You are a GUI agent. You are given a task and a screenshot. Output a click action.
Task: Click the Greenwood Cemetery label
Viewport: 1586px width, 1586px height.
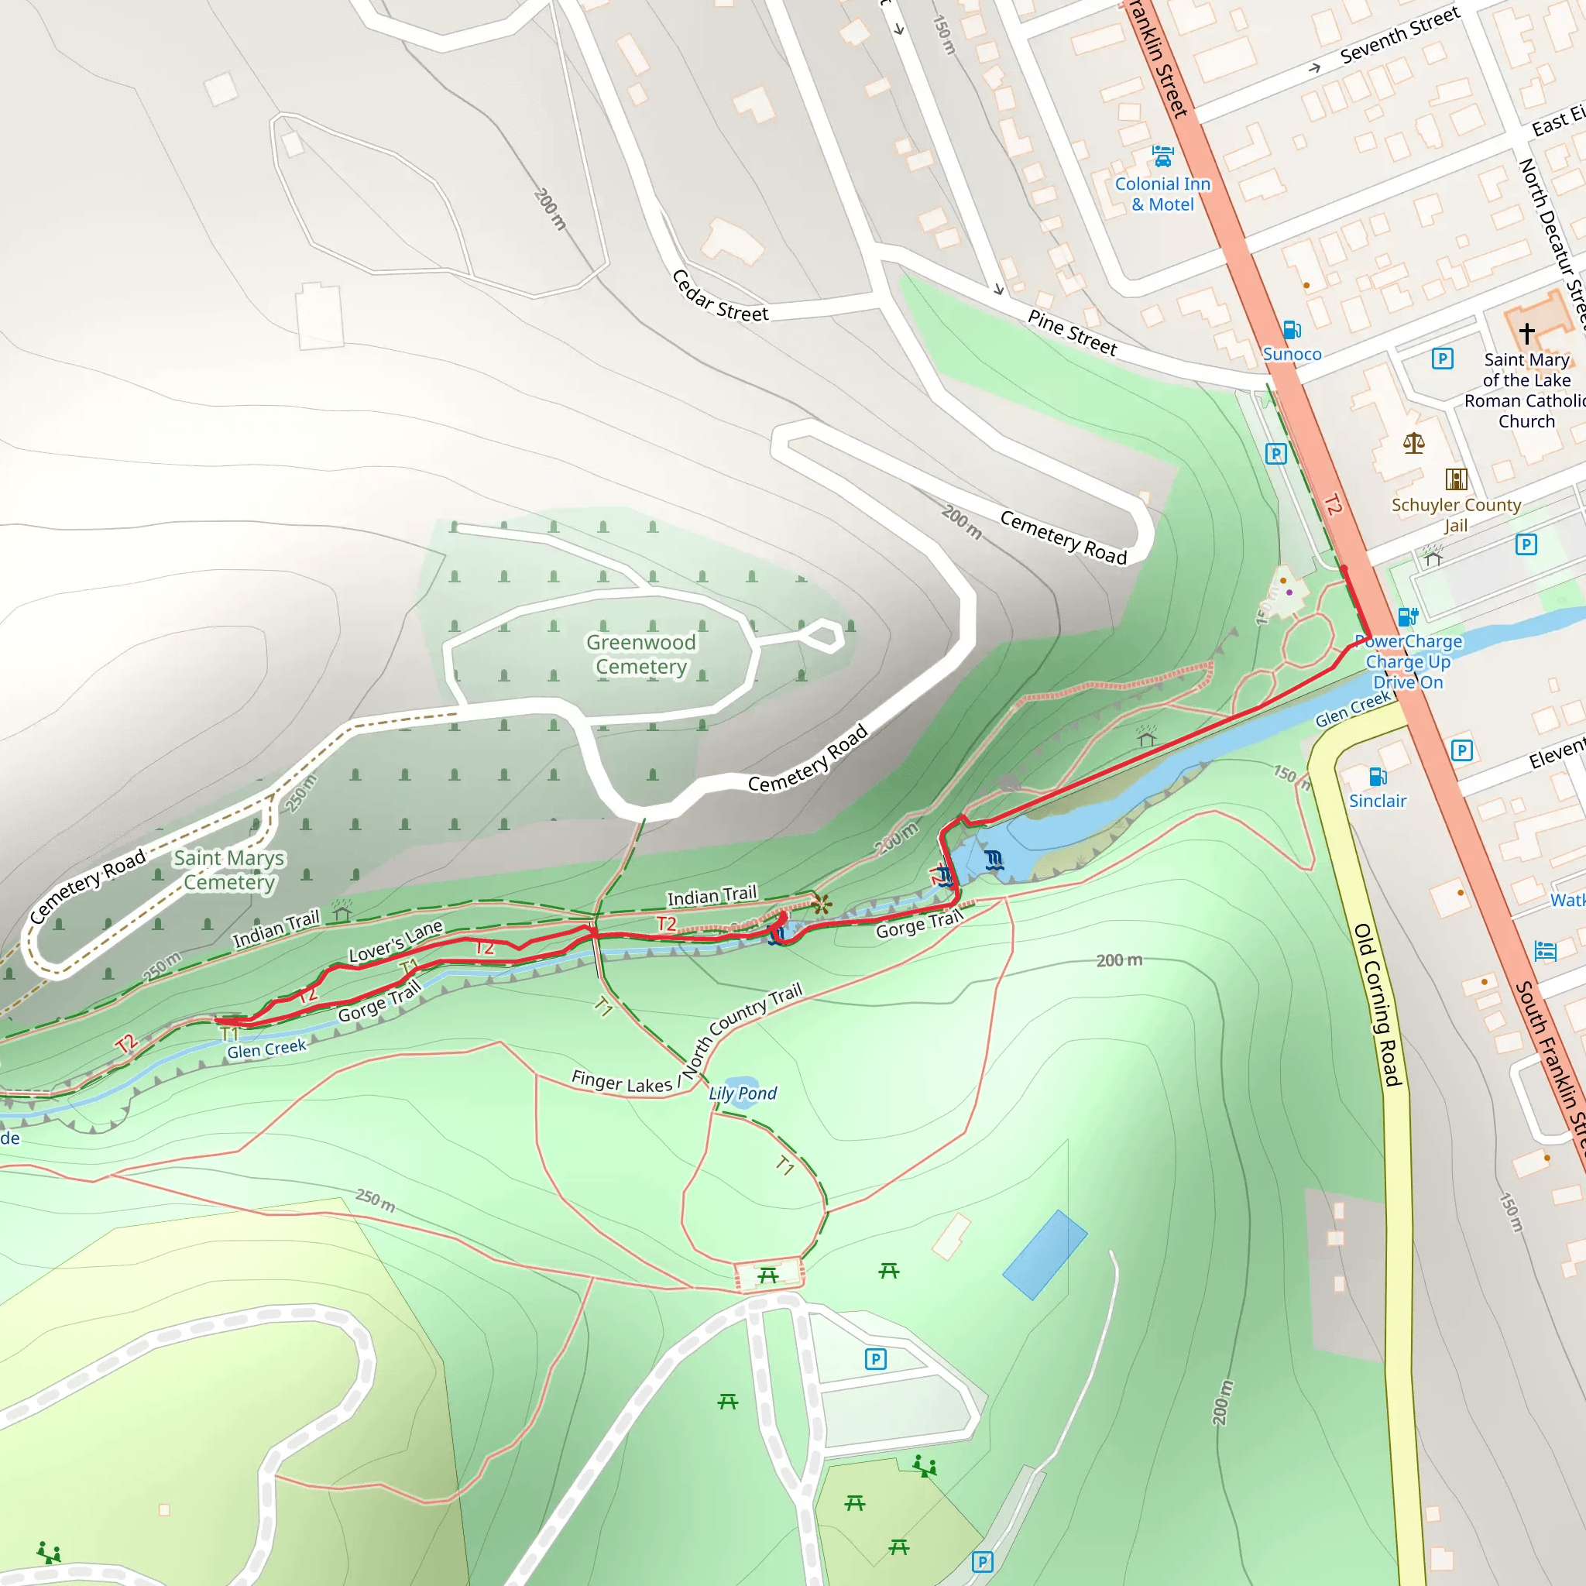coord(640,654)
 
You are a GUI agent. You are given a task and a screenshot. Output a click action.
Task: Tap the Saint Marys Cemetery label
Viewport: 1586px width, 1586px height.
coord(229,870)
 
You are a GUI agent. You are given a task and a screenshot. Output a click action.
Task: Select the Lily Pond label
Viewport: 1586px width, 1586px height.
coord(742,1093)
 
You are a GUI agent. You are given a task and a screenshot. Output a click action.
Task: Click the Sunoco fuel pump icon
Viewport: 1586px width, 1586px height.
coord(1291,330)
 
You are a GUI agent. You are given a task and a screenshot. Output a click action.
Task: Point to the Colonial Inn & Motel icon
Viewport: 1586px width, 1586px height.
coord(1162,155)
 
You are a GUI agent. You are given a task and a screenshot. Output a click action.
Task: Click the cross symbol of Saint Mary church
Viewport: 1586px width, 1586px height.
coord(1526,333)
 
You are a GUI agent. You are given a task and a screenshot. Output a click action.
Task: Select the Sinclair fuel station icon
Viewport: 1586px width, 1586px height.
coord(1378,777)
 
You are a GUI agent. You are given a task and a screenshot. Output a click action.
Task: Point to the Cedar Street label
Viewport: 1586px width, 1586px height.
coord(720,297)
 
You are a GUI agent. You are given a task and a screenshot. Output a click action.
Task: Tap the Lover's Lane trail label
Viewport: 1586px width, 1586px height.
coord(396,942)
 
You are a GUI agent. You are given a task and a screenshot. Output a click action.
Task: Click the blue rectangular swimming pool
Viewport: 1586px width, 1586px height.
coord(1044,1255)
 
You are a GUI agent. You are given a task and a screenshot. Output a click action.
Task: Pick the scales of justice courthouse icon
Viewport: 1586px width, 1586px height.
coord(1413,444)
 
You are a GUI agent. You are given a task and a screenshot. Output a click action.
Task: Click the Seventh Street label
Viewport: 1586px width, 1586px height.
coord(1399,36)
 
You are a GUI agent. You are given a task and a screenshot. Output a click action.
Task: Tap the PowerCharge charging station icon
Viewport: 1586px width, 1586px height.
coord(1408,616)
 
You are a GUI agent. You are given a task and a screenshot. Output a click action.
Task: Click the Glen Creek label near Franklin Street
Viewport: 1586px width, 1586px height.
coord(1352,709)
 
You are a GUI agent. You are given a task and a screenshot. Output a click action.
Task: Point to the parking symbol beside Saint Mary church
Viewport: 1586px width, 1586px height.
coord(1442,359)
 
